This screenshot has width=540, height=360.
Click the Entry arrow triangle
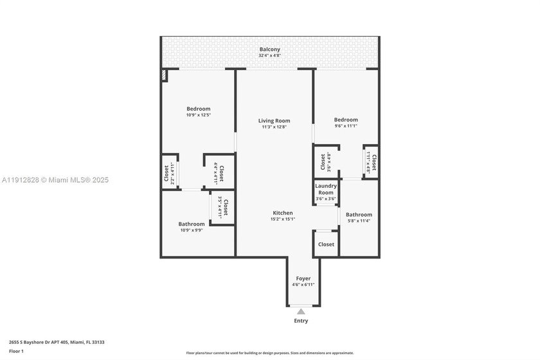pyautogui.click(x=301, y=311)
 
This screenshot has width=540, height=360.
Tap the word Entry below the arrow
pyautogui.click(x=301, y=321)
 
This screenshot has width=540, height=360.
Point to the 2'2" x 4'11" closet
pyautogui.click(x=169, y=174)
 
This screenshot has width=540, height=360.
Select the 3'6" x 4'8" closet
pyautogui.click(x=325, y=162)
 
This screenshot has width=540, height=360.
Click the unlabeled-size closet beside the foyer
pyautogui.click(x=326, y=244)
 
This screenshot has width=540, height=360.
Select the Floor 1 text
pyautogui.click(x=16, y=351)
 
